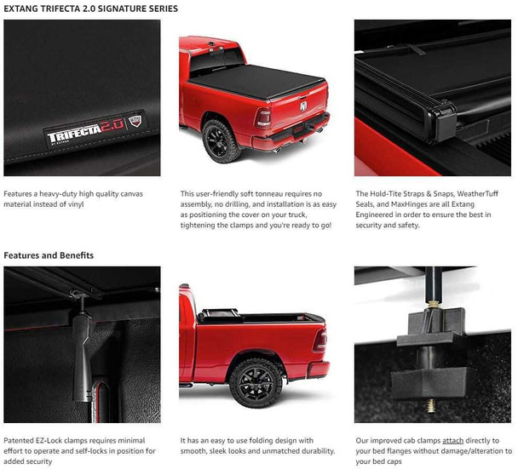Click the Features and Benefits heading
[49, 255]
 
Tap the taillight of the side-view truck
[319, 341]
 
